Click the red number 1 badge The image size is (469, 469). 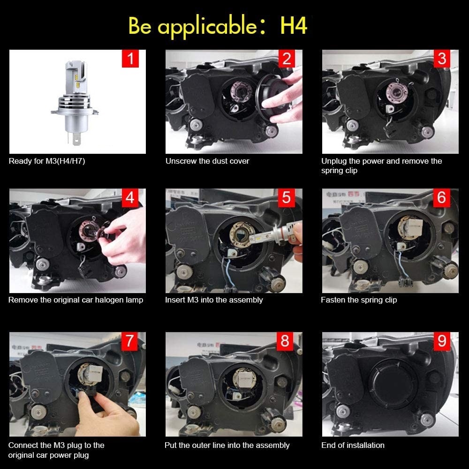pos(130,59)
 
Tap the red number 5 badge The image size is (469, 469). pos(287,198)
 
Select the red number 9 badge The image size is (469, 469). pos(442,341)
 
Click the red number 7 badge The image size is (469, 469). pos(130,341)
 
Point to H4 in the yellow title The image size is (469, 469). pos(294,26)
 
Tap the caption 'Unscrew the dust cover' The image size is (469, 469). pos(207,161)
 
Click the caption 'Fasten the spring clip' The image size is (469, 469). pos(359,300)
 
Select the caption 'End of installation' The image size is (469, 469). pos(353,445)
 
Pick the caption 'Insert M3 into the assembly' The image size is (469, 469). pos(214,300)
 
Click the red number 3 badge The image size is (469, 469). pos(442,59)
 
